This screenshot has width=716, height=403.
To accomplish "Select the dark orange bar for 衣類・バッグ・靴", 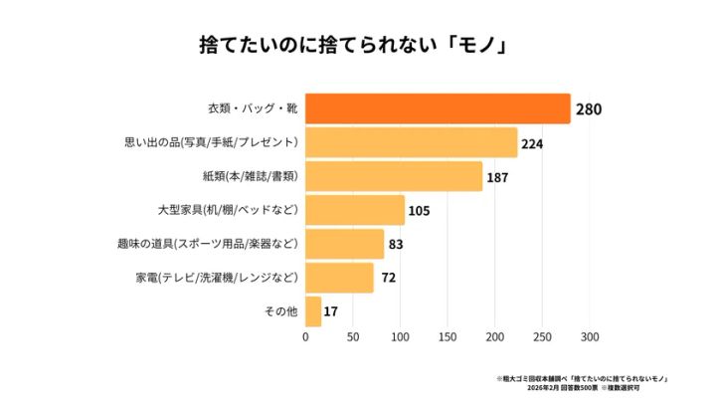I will pyautogui.click(x=438, y=108).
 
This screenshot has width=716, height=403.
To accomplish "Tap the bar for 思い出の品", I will pyautogui.click(x=411, y=142).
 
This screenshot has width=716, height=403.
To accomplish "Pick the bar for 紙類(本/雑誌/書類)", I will pyautogui.click(x=394, y=176).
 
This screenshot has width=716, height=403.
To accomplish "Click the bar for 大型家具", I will pyautogui.click(x=355, y=210).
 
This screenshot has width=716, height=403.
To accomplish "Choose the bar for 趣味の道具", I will pyautogui.click(x=344, y=244).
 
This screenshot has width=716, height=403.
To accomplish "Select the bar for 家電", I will pyautogui.click(x=339, y=278).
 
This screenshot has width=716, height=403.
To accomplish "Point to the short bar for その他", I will pyautogui.click(x=313, y=311).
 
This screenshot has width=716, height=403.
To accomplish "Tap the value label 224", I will pyautogui.click(x=532, y=143).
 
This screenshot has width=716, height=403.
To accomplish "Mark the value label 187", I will pyautogui.click(x=497, y=177).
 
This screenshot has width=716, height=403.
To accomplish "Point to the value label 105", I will pyautogui.click(x=419, y=211).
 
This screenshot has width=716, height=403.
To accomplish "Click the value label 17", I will pyautogui.click(x=331, y=312).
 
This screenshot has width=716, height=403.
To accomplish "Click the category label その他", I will pyautogui.click(x=279, y=311).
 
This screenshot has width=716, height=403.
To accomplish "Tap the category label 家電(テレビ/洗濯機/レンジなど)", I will pyautogui.click(x=216, y=278).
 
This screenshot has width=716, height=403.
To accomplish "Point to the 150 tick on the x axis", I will pyautogui.click(x=447, y=338).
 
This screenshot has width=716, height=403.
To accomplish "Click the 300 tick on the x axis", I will pyautogui.click(x=590, y=338).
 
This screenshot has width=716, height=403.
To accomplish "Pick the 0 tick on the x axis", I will pyautogui.click(x=305, y=338).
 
